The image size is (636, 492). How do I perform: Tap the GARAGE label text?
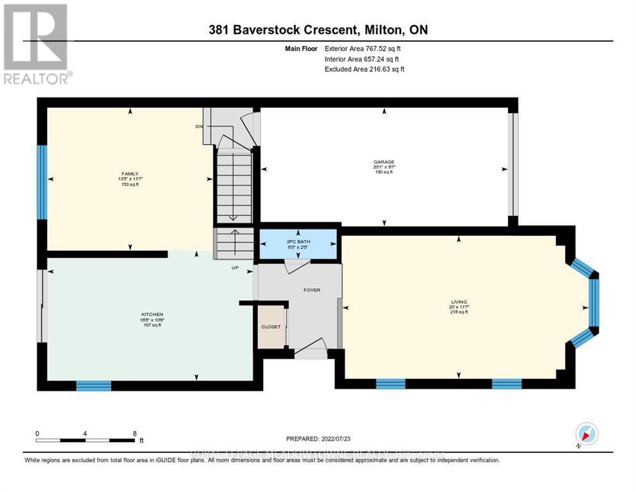(x=384, y=162)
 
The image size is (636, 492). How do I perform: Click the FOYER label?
(x=312, y=290)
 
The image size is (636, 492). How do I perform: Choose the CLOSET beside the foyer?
(x=271, y=327)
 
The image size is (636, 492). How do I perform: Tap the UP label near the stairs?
(x=235, y=268)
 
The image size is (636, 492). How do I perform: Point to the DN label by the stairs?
(x=199, y=127)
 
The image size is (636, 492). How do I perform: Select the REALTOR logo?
(x=36, y=44)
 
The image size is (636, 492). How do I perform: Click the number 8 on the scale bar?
(x=134, y=433)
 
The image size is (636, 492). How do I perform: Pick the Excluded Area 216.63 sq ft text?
(x=364, y=69)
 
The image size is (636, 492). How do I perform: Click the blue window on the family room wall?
(x=42, y=182)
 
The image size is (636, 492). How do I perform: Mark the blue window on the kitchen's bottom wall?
(x=93, y=385)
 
